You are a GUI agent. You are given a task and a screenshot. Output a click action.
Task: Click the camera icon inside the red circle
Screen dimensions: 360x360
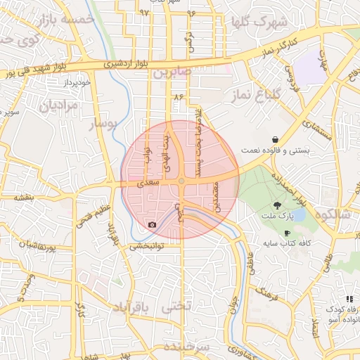(153, 225)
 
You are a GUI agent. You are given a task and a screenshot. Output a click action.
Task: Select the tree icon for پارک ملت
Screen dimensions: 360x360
(278, 205)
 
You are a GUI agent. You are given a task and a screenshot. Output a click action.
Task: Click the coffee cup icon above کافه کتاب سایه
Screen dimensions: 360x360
(287, 233)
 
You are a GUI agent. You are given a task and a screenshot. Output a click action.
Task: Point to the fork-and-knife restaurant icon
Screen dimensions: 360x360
(349, 299)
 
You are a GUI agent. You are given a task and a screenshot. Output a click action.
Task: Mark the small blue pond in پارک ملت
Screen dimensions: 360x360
(297, 214)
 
